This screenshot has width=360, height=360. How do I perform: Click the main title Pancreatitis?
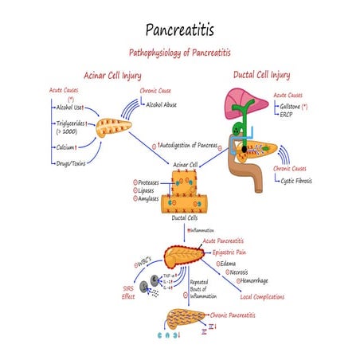[x=180, y=29]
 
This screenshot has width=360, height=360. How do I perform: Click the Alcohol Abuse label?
[x=168, y=104]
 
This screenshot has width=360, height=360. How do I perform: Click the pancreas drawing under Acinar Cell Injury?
[x=116, y=128]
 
